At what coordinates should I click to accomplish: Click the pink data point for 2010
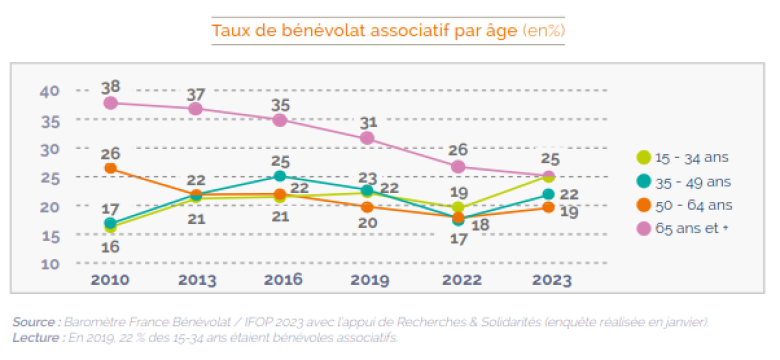tap(110, 103)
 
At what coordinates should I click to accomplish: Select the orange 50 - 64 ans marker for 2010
tap(110, 168)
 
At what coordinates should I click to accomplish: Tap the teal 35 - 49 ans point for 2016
tap(280, 176)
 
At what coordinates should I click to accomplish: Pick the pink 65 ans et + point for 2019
tap(367, 138)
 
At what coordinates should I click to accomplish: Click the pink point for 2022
tap(459, 167)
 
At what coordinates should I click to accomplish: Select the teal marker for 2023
tap(548, 194)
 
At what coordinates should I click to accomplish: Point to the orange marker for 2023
tap(548, 207)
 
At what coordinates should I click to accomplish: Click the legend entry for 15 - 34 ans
tap(682, 158)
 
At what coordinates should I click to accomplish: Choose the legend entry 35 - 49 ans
tap(684, 182)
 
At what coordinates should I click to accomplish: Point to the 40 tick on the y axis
tap(50, 91)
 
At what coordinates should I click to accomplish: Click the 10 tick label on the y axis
tap(50, 264)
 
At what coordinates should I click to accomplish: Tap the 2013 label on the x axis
tap(197, 279)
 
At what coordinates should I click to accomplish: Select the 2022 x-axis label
tap(462, 279)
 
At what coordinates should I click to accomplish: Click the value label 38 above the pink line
tap(110, 87)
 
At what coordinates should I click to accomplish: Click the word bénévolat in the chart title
tap(324, 31)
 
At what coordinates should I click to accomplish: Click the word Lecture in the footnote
tap(36, 338)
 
